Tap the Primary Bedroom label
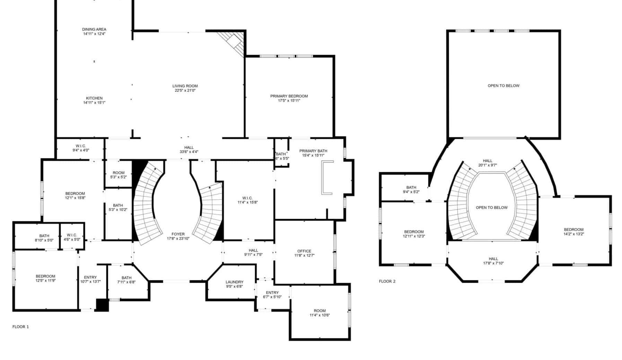(x=289, y=96)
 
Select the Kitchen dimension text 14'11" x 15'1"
(x=94, y=103)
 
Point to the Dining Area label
(x=94, y=29)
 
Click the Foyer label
(x=178, y=234)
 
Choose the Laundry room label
(x=235, y=282)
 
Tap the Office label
(x=304, y=251)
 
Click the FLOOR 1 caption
(x=21, y=327)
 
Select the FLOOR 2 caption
(x=387, y=281)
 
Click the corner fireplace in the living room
(x=233, y=43)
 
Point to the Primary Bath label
(x=313, y=151)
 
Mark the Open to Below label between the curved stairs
(x=492, y=208)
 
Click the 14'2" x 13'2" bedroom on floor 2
(x=573, y=232)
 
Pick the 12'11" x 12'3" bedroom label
(x=414, y=234)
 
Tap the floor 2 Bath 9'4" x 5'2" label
(x=411, y=190)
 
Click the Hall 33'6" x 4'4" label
(x=189, y=149)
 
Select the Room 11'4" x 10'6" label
(x=320, y=313)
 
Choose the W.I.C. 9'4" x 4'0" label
(x=81, y=148)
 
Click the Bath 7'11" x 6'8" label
(x=126, y=280)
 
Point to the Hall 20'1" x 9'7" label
(x=488, y=163)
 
